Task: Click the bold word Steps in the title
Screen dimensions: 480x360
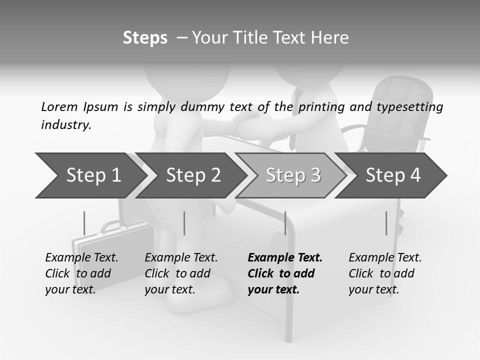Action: [x=145, y=38]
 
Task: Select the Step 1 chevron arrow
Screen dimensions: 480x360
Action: [x=91, y=175]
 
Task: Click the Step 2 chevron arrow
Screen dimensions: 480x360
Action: [x=191, y=175]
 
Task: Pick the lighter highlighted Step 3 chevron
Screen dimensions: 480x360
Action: [x=291, y=175]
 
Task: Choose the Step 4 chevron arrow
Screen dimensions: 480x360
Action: [x=391, y=175]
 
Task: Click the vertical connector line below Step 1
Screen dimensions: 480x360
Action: [x=84, y=223]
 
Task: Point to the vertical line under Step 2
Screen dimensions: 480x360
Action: [x=184, y=223]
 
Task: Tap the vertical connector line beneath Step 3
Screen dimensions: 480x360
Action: [x=285, y=223]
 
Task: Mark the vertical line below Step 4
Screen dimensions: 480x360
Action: [x=386, y=223]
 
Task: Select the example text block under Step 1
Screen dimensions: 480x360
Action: [x=81, y=273]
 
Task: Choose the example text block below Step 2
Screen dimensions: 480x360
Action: [x=181, y=273]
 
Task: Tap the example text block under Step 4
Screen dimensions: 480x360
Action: [x=385, y=273]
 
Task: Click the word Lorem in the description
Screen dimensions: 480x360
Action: [x=59, y=107]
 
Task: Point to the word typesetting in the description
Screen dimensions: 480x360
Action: [x=410, y=107]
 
